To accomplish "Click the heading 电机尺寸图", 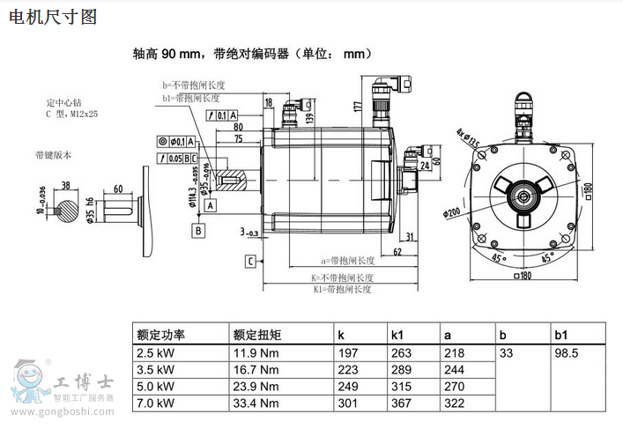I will point(52,17).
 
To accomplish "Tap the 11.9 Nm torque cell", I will point(256,352).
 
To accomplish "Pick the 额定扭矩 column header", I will point(257,334).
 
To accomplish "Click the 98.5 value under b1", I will point(566,352).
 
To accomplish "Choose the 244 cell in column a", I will point(455,369).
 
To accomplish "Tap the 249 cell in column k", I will point(348,386).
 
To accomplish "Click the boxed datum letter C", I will point(251,262).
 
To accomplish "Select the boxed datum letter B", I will point(199,231).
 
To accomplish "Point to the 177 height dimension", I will point(357,107).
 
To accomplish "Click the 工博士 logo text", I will point(84,383).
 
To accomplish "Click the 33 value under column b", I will point(506,352).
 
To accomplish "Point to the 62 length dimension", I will point(397,252).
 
